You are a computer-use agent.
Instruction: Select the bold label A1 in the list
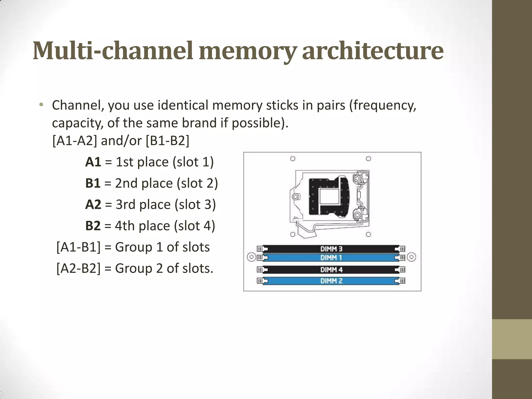click(x=93, y=162)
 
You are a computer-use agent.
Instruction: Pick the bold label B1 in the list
click(x=93, y=183)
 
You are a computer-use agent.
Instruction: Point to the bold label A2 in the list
click(x=93, y=205)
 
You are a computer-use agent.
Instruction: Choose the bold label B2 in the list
click(x=93, y=226)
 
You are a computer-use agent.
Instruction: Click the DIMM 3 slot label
click(x=331, y=249)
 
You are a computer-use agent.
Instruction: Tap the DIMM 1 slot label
click(x=331, y=258)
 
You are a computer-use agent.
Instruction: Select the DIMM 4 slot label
click(x=331, y=270)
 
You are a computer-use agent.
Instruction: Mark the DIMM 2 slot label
click(x=331, y=281)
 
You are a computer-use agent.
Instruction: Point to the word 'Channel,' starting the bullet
click(x=78, y=105)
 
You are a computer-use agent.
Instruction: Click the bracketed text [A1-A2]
click(x=75, y=141)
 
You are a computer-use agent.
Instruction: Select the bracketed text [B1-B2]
click(x=168, y=141)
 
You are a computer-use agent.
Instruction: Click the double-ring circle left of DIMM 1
click(x=251, y=257)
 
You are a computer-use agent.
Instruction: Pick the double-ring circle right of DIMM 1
click(x=411, y=257)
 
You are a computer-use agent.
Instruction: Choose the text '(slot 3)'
click(x=195, y=205)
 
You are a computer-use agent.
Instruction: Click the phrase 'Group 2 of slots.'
click(x=164, y=268)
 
